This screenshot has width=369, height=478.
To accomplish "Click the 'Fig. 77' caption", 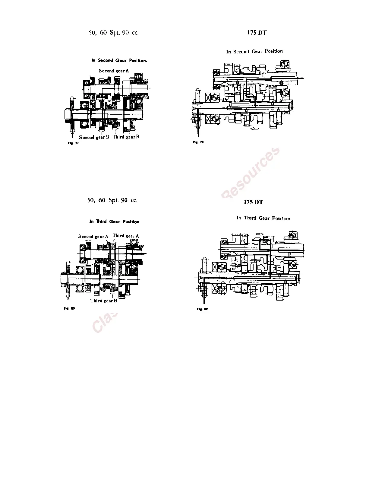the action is pos(73,143).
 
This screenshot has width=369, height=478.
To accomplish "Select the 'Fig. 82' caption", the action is pos(203,309).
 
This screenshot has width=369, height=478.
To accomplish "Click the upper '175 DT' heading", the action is pos(257,33).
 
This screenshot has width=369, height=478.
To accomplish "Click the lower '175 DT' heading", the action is pos(253,202).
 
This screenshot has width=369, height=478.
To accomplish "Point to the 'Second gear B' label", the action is pos(94,137).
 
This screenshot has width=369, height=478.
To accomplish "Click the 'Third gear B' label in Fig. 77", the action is pos(126,137).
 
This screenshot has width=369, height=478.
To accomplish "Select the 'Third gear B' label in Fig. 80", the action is pos(104,301).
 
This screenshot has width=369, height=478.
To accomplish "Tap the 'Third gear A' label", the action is pos(126,236).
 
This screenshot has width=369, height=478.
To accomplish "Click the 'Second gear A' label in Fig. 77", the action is pos(114,71).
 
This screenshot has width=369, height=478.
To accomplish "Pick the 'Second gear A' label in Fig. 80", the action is pos(93,236).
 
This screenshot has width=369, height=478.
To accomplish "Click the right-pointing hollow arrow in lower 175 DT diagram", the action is pos(259,234).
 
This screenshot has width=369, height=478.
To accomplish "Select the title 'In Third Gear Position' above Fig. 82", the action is pos(263,218).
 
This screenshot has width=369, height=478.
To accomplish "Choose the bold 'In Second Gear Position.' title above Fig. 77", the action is pos(119,60).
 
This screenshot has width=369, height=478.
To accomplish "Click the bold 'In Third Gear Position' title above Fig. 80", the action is pos(114,221).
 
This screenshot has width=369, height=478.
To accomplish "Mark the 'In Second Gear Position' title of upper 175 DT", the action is pos(254,51).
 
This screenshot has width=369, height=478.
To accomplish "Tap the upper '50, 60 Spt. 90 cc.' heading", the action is pos(114,33).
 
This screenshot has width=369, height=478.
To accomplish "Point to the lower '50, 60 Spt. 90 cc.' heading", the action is pos(112,200).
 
